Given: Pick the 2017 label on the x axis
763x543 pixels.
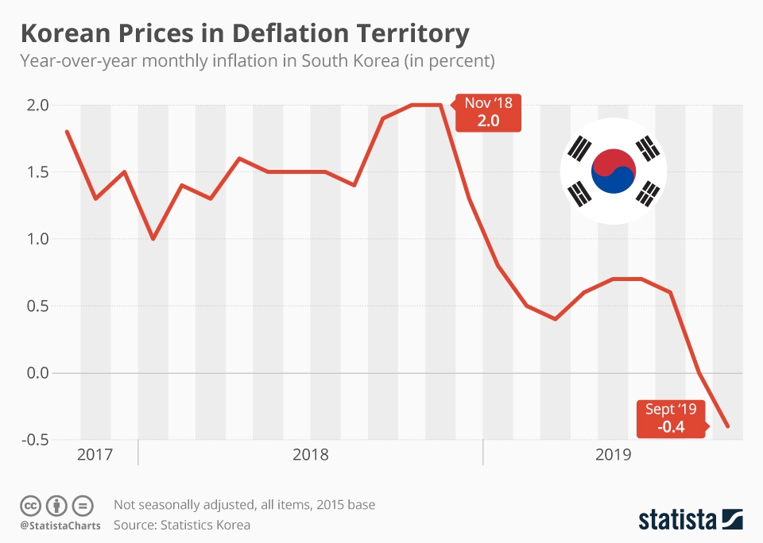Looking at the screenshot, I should pyautogui.click(x=95, y=455).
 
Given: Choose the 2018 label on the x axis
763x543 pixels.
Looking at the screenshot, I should pyautogui.click(x=311, y=455).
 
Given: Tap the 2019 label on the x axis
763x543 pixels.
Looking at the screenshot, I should pyautogui.click(x=613, y=455).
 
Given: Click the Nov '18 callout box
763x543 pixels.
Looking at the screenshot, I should pyautogui.click(x=489, y=113).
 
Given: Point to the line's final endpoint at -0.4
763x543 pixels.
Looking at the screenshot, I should pyautogui.click(x=728, y=426).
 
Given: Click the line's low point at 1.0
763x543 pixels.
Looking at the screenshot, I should pyautogui.click(x=153, y=239).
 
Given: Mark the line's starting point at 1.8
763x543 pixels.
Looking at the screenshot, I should pyautogui.click(x=67, y=132).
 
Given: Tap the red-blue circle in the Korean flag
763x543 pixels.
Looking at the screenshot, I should pyautogui.click(x=613, y=171).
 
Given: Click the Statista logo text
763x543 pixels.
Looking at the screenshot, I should pyautogui.click(x=678, y=520).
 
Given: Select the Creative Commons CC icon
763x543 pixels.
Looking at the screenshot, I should pyautogui.click(x=30, y=505).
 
